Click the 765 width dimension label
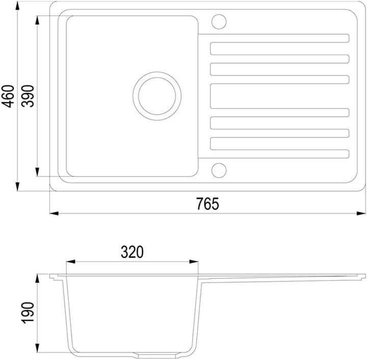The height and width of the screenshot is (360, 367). tap(207, 203)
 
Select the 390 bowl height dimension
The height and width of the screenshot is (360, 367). tap(28, 96)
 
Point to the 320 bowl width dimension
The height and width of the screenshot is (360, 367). tap(132, 252)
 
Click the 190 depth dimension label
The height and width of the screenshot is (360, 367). tap(28, 313)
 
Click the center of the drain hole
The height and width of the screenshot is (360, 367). tap(157, 96)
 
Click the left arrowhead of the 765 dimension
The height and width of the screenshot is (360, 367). tap(54, 213)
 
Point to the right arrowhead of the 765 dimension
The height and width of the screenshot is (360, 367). tap(361, 213)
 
